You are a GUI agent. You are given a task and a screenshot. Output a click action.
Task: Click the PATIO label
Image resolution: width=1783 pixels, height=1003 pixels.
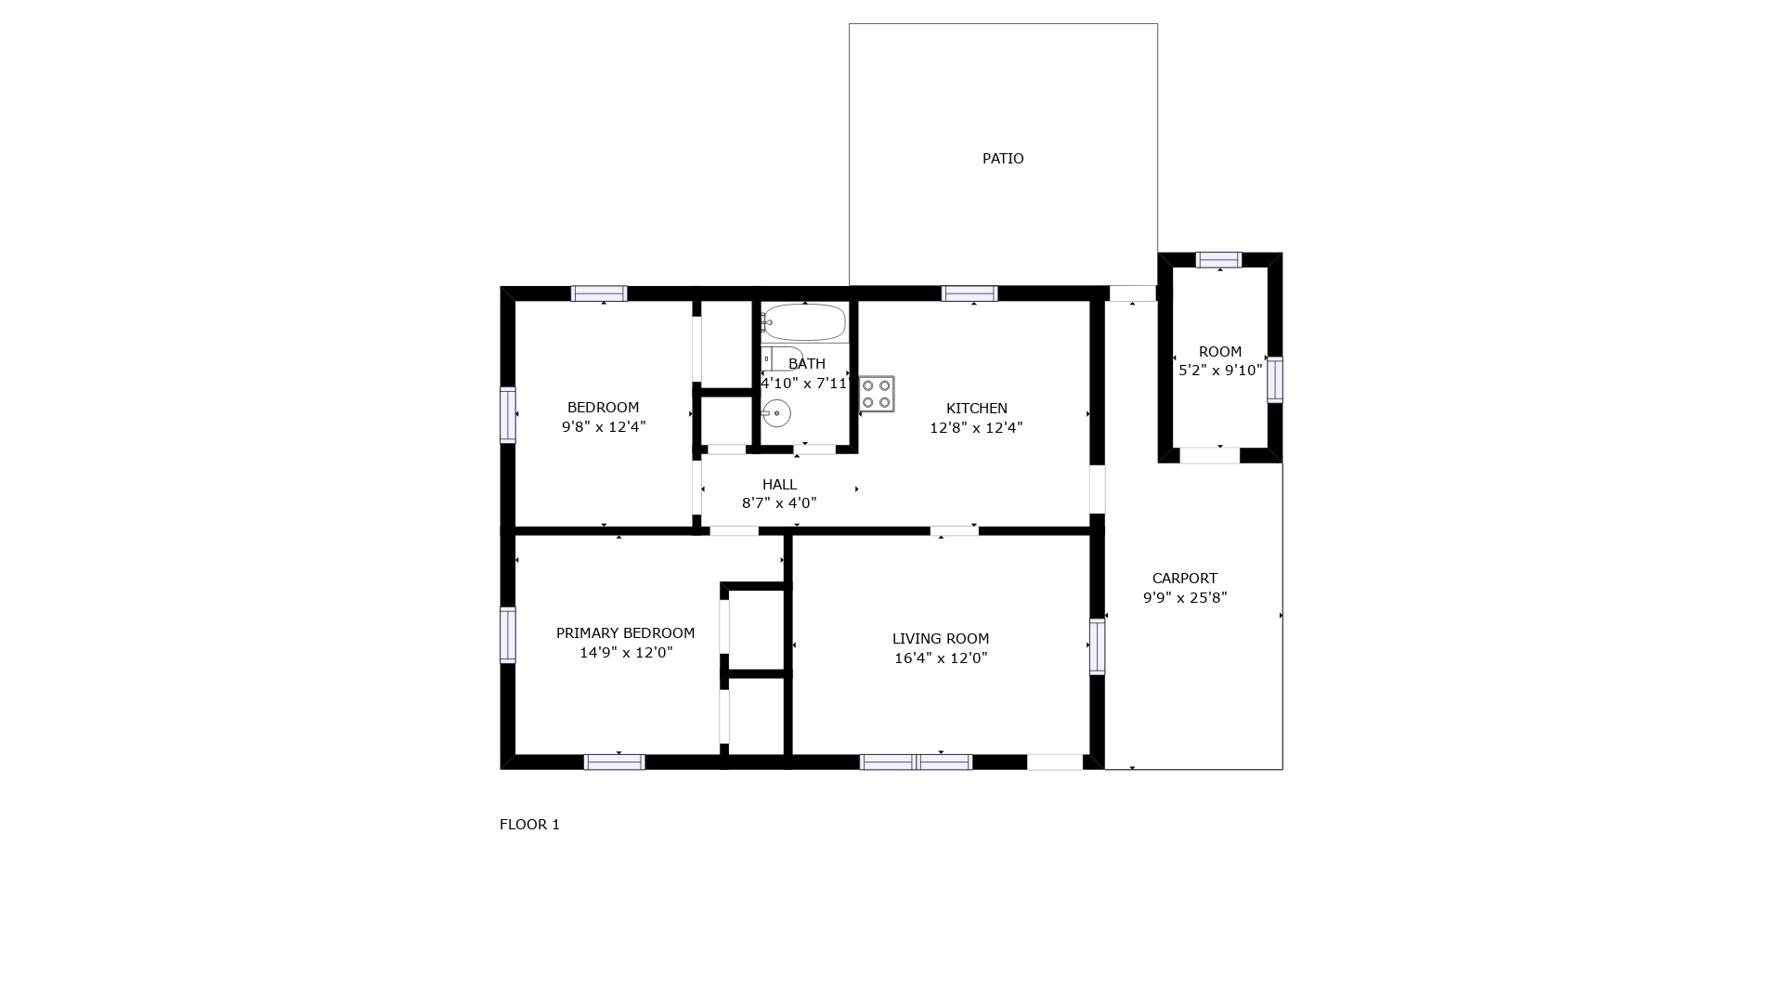[x=1003, y=159]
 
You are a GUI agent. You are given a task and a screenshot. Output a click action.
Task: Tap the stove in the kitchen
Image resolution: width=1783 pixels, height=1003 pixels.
[x=876, y=394]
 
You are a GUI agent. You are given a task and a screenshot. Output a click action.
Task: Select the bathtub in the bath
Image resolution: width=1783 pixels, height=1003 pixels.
[x=804, y=323]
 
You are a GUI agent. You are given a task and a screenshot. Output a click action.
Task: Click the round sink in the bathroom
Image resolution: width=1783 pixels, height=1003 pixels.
[x=776, y=413]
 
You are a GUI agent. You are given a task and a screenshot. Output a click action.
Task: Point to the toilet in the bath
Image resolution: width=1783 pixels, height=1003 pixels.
[x=782, y=358]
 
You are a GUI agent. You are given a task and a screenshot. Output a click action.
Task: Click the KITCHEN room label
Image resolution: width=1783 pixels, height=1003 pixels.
[x=976, y=409]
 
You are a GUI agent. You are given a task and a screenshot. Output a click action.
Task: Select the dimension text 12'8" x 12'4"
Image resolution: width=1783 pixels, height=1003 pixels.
[x=976, y=428]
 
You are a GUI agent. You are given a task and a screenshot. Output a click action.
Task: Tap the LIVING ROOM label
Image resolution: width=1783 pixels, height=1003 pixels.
[x=941, y=639]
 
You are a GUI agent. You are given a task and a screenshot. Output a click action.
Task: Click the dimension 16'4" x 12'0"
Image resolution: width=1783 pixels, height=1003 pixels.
[x=941, y=658]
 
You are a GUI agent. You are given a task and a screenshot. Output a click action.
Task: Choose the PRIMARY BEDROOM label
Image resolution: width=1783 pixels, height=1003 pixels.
[x=625, y=633]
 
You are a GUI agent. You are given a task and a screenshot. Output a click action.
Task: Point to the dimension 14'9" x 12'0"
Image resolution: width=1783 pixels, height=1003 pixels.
[x=626, y=653]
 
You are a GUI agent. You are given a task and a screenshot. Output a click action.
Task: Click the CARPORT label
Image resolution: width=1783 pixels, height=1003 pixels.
[x=1185, y=579]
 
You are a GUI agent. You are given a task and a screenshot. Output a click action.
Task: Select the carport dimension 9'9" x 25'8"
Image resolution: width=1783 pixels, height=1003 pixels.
[x=1185, y=598]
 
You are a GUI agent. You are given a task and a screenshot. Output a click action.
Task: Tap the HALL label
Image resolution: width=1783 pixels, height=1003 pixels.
[x=779, y=485]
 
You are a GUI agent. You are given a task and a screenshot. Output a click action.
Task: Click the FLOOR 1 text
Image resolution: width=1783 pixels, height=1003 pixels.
[x=529, y=825]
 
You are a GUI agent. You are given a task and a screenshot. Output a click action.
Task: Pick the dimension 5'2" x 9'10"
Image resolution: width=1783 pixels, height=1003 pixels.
[x=1220, y=371]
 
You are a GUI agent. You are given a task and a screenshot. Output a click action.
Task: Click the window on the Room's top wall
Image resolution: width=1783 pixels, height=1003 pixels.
[x=1218, y=260]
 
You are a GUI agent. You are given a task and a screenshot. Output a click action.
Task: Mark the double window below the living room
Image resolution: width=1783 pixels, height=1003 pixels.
[x=916, y=762]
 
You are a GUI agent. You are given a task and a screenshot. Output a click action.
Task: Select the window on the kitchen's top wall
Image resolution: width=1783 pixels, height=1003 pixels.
[x=970, y=293]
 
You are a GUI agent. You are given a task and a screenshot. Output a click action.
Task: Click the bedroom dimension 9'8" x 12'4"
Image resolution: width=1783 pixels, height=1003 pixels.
[x=604, y=427]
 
